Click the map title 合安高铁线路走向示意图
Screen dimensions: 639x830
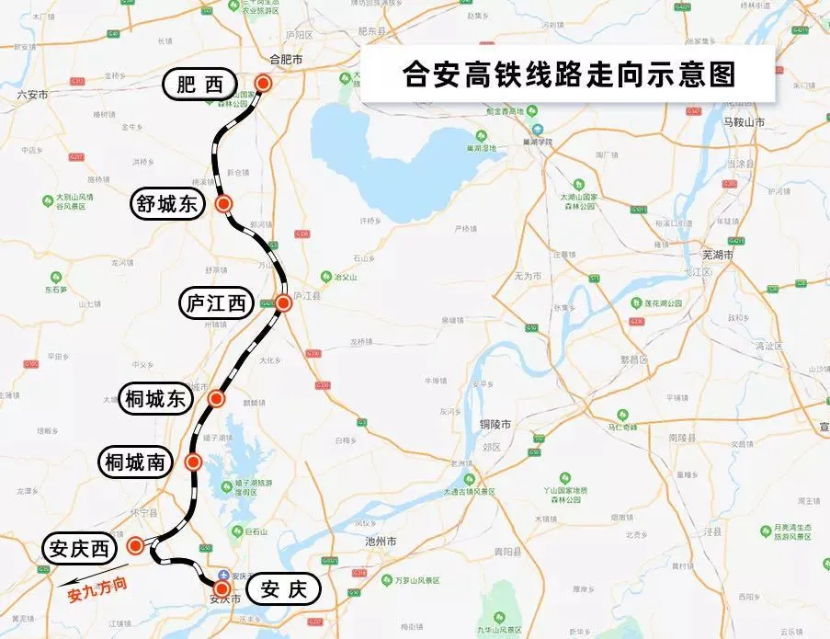point(569,74)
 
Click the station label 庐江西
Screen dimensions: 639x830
point(217,302)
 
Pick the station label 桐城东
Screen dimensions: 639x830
point(155,399)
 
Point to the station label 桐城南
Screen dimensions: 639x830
point(135,462)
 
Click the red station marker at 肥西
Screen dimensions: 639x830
point(264,84)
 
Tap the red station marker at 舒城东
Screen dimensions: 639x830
point(223,203)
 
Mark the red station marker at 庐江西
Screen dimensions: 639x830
point(283,302)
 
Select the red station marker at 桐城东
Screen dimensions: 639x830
point(217,398)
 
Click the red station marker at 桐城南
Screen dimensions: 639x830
point(193,462)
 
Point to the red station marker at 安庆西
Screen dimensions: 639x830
point(135,546)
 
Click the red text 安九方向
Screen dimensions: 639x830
point(95,588)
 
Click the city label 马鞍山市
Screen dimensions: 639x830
point(745,121)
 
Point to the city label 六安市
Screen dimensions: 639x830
point(31,94)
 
